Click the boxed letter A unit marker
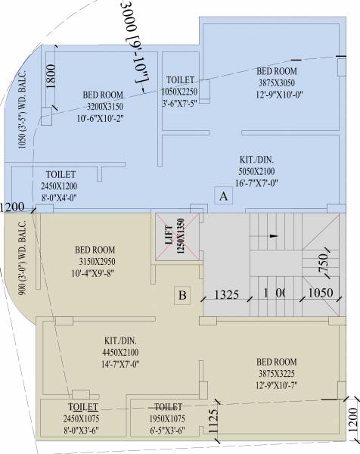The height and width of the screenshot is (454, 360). coord(223,196)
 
